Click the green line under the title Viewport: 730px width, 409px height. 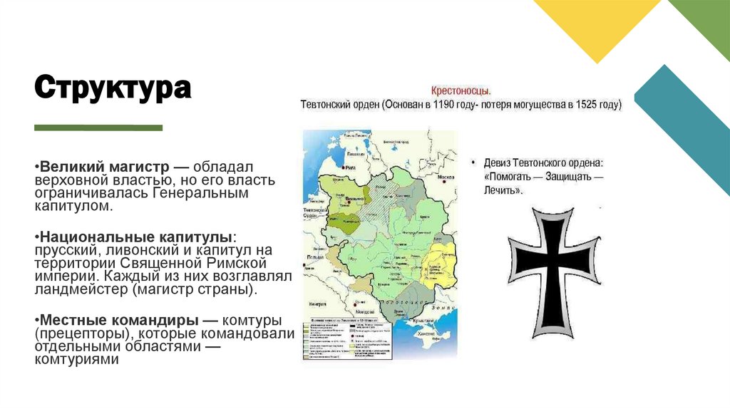(98, 128)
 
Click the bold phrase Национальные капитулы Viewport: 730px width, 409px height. (135, 236)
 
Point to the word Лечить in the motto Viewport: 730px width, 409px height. (504, 190)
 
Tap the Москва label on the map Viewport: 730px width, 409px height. (446, 176)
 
